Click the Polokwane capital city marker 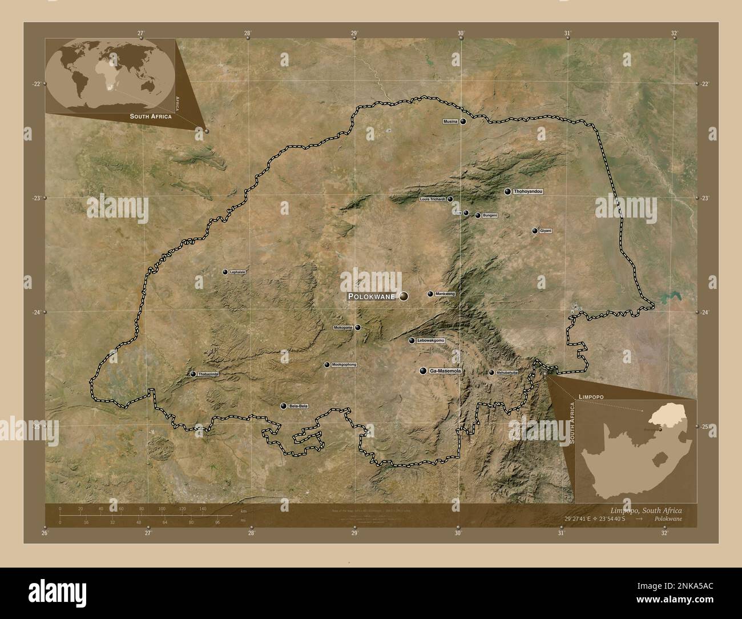(404, 296)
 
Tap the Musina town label (451, 122)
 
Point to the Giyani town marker (535, 231)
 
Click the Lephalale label (237, 272)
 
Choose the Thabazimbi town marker (193, 374)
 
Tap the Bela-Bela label (299, 407)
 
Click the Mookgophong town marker (326, 364)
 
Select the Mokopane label (343, 328)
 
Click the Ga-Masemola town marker (423, 371)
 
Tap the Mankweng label (445, 294)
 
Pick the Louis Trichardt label (432, 199)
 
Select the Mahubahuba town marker (491, 372)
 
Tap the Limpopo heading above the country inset (591, 396)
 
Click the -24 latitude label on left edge (35, 312)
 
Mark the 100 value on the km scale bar (162, 508)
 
